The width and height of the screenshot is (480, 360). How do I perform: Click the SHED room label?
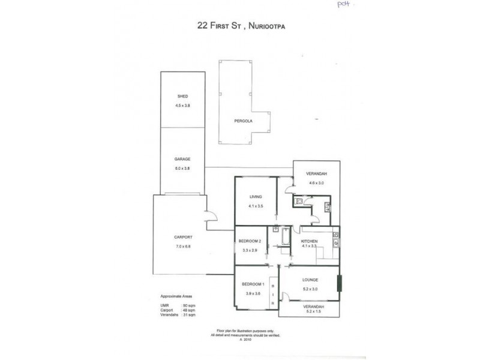(x=182, y=97)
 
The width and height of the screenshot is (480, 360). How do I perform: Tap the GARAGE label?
(x=182, y=159)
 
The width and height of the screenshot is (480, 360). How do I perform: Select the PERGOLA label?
(x=243, y=121)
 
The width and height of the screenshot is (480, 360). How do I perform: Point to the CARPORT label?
(x=182, y=238)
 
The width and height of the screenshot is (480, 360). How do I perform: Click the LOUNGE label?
(x=310, y=280)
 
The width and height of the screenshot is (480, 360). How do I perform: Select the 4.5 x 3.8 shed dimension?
(x=182, y=106)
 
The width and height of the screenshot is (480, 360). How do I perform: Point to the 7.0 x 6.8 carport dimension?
(x=182, y=245)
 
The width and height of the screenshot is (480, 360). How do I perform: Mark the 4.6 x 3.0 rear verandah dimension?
(x=316, y=183)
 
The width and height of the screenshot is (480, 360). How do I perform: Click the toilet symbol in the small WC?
(x=299, y=201)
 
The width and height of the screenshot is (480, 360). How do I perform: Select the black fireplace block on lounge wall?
(x=340, y=283)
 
